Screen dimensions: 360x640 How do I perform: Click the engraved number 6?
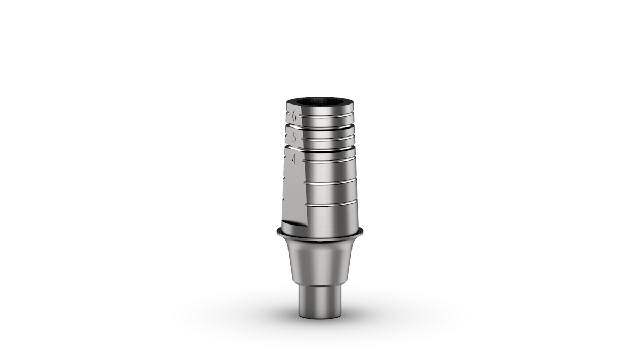(294, 115)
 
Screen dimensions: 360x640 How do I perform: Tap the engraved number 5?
(294, 137)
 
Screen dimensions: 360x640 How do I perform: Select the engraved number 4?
(294, 159)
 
